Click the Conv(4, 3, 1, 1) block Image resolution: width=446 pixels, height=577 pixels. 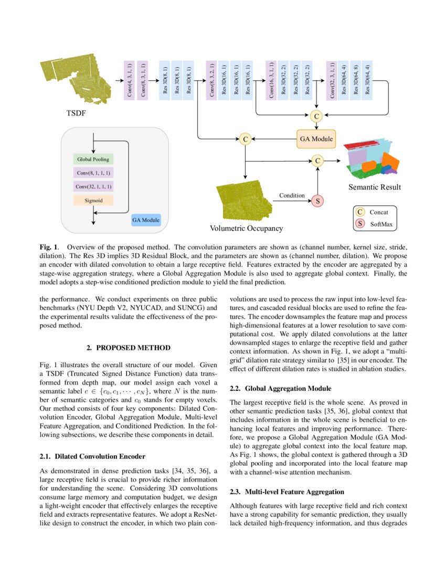[x=129, y=80]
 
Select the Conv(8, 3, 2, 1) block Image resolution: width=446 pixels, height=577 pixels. [x=211, y=80]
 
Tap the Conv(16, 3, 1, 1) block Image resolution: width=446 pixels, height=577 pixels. [x=271, y=80]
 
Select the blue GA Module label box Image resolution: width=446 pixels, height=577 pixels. [x=146, y=220]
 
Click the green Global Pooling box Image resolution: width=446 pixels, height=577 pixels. [x=93, y=159]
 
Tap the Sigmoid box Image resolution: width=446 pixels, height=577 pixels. [x=93, y=200]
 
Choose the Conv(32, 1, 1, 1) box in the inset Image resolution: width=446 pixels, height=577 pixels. [x=93, y=186]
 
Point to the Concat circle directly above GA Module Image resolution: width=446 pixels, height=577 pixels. [x=316, y=116]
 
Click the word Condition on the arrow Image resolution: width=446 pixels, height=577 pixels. [x=292, y=195]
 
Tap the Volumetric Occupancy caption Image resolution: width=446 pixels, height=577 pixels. [x=246, y=228]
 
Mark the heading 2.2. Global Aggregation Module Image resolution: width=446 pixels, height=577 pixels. [x=281, y=389]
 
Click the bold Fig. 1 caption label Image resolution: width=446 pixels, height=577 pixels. [x=49, y=246]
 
